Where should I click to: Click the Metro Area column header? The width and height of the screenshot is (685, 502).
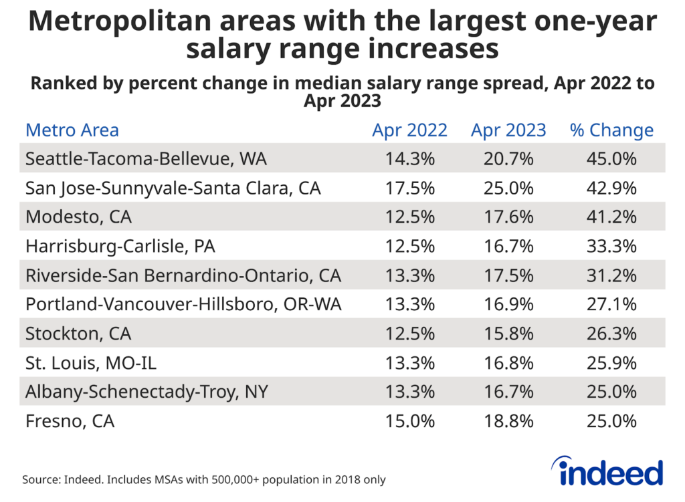72,130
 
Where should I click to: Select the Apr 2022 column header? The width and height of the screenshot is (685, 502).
409,130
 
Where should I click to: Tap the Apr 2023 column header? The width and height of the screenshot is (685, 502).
508,130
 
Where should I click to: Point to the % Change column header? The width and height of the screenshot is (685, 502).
611,130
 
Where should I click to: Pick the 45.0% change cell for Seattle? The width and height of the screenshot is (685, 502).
611,159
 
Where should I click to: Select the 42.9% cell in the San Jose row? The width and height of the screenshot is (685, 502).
611,189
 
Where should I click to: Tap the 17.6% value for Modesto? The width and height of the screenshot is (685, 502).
508,217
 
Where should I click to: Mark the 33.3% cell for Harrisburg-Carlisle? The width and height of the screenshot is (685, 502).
611,247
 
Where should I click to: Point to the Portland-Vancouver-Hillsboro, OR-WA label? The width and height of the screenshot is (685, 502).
183,305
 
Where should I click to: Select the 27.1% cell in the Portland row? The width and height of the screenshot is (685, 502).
611,305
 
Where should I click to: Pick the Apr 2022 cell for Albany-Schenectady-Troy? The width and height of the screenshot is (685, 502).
409,392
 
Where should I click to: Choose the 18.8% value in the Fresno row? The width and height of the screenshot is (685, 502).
508,422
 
